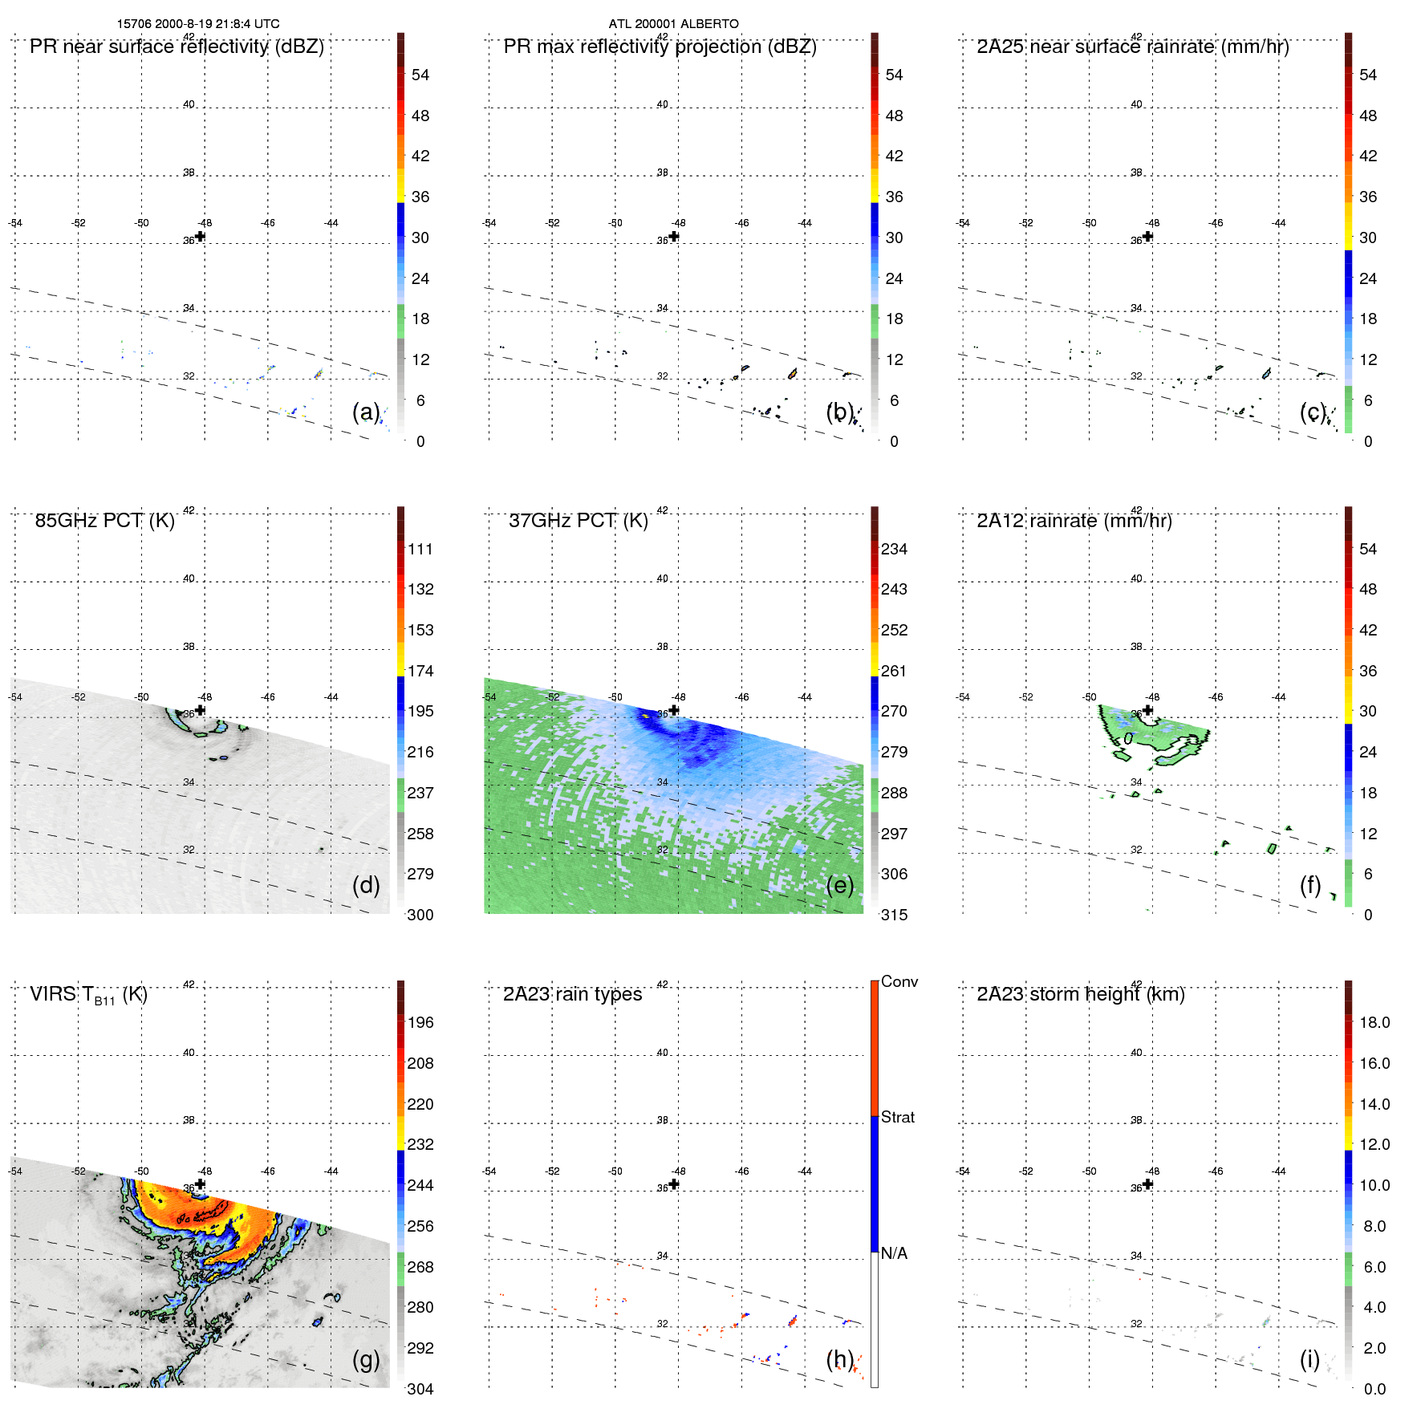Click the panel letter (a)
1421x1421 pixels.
(366, 412)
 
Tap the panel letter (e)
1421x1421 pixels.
(840, 886)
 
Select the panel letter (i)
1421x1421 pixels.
(1309, 1360)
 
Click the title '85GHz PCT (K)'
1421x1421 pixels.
(104, 521)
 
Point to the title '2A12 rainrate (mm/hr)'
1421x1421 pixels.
(1074, 521)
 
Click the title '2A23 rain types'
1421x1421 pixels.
(572, 994)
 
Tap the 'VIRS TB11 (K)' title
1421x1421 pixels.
(88, 995)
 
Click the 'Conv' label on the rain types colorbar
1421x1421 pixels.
(899, 982)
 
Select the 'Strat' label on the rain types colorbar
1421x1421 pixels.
(898, 1118)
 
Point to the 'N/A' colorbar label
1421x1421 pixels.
(895, 1253)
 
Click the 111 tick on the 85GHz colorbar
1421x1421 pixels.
(420, 550)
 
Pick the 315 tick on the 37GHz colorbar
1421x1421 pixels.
(894, 915)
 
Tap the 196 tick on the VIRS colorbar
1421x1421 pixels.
(420, 1023)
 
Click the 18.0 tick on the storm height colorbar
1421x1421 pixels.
(1374, 1023)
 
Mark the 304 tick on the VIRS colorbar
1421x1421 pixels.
(420, 1389)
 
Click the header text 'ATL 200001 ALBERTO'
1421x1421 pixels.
(673, 24)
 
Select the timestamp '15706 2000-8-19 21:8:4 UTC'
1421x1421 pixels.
(198, 24)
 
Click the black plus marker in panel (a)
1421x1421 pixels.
(201, 237)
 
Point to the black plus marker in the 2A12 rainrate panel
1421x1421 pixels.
(1148, 710)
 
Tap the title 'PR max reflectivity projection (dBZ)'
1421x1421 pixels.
(660, 47)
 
